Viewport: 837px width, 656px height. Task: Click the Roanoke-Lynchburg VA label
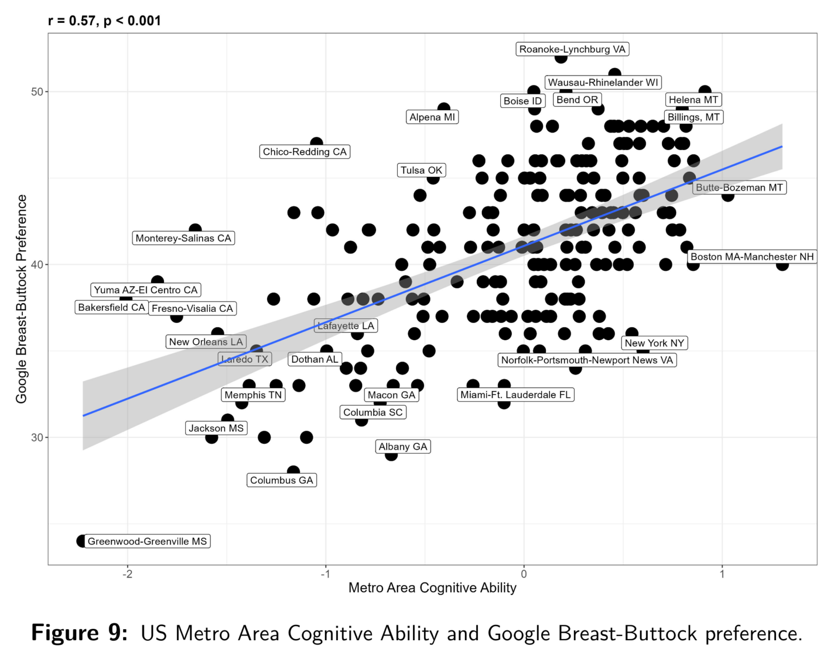572,49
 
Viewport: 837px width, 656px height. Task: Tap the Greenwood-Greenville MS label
147,541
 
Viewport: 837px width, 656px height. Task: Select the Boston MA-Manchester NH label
752,256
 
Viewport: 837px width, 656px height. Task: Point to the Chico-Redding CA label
305,152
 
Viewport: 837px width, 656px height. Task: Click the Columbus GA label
282,480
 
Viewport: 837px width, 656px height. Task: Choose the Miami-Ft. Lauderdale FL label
515,394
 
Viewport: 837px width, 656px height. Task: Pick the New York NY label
654,343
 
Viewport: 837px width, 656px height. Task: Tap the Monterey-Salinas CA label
184,238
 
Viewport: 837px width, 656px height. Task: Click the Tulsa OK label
421,170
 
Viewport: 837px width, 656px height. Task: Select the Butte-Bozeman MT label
739,188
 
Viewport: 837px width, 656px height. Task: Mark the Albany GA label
403,447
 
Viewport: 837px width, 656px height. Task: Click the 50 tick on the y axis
37,92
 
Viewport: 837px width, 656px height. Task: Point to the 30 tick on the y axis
37,437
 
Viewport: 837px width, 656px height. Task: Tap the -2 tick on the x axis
127,574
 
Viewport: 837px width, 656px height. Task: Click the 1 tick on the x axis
722,574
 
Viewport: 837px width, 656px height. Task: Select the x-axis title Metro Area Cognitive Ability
432,588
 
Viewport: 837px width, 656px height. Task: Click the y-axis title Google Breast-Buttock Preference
21,299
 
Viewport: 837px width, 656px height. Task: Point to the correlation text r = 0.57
71,21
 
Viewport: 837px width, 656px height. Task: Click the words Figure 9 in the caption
80,633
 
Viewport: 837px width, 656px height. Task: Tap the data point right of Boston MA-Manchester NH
782,264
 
